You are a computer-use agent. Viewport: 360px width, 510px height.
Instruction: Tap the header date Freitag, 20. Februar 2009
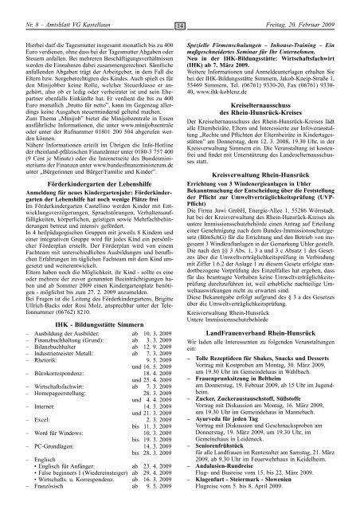[305, 8]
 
